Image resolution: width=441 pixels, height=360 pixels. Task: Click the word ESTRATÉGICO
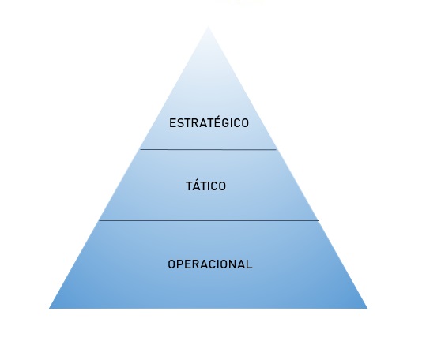tap(209, 122)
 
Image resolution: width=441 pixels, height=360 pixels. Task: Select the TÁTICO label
tap(205, 186)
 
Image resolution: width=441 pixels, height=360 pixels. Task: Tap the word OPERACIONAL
tap(210, 264)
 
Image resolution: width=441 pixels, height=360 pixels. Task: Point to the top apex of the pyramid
tap(208, 26)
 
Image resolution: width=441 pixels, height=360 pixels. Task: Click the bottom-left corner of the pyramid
tap(49, 309)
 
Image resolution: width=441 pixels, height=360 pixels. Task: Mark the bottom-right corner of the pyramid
tap(367, 309)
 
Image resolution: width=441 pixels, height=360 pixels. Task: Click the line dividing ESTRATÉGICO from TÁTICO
tap(209, 149)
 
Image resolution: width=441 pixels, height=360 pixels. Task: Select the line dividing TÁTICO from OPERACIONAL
tap(209, 220)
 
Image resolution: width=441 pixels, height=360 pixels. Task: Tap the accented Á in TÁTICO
tap(197, 186)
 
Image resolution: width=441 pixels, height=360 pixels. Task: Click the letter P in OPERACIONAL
tap(181, 264)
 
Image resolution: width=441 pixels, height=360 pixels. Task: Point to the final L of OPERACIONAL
tap(250, 264)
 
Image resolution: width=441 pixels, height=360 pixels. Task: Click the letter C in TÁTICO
tap(213, 186)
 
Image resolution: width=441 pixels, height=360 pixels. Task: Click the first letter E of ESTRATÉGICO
tap(172, 123)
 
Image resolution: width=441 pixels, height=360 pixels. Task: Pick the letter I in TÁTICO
tap(207, 186)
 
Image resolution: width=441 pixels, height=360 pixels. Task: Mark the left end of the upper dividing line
tap(141, 149)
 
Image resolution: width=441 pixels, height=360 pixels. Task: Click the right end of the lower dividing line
tap(319, 220)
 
